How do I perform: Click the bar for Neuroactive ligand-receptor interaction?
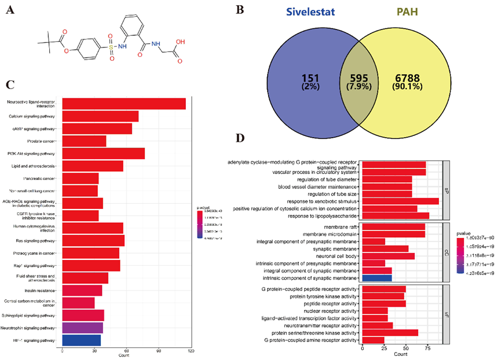tap(124, 104)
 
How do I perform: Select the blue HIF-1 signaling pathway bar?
tap(82, 340)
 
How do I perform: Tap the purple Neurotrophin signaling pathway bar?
tap(83, 328)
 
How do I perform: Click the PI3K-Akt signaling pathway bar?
tap(103, 154)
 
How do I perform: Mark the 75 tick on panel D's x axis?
tap(427, 350)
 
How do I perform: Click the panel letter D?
tap(245, 138)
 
